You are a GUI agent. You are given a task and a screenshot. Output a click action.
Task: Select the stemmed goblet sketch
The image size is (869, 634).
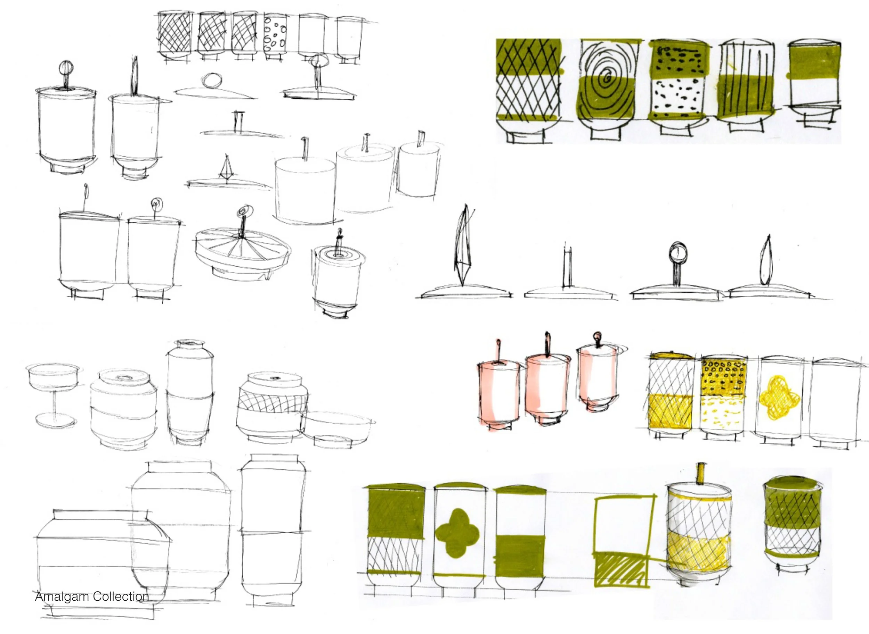(54, 395)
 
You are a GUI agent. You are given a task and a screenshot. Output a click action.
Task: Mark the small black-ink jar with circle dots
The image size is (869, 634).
(275, 34)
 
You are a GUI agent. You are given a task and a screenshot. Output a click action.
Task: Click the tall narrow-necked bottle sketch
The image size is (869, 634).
(190, 391)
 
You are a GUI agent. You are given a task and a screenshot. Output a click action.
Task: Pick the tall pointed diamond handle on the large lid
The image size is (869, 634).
(464, 245)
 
